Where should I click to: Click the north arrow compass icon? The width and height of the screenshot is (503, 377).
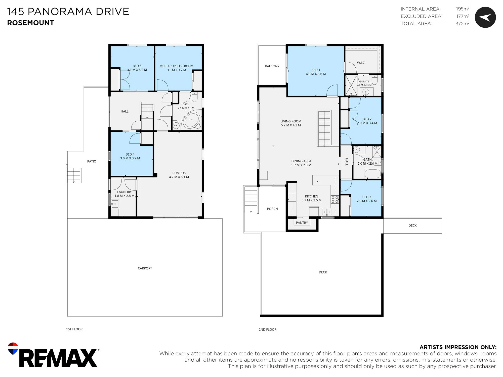(x=485, y=17)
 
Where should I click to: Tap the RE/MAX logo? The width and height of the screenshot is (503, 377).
(x=53, y=355)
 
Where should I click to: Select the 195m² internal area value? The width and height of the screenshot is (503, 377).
(x=463, y=9)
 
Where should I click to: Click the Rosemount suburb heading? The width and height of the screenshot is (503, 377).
(x=30, y=23)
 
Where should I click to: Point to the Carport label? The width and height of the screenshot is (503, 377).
(x=145, y=268)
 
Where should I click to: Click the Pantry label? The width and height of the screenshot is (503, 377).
(x=302, y=223)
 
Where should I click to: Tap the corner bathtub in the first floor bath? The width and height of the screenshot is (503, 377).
(x=192, y=120)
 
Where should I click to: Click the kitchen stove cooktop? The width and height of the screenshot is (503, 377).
(x=335, y=199)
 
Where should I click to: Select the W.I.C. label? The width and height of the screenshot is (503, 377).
(x=361, y=63)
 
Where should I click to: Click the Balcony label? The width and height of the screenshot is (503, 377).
(x=272, y=66)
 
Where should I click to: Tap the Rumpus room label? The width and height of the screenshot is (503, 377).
(x=179, y=173)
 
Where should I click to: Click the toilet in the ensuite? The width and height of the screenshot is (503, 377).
(x=374, y=80)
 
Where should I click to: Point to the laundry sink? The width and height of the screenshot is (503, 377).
(x=115, y=204)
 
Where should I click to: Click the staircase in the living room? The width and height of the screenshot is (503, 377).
(x=324, y=128)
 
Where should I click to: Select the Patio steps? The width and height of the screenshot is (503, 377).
(x=74, y=174)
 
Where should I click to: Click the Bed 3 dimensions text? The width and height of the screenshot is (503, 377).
(x=367, y=201)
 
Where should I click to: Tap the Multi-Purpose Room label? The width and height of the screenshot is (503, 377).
(x=176, y=66)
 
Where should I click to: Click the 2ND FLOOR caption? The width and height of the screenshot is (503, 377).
(x=268, y=329)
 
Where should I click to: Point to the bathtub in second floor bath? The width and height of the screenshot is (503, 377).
(x=373, y=174)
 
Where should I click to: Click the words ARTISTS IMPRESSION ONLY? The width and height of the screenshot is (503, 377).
(x=458, y=347)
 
